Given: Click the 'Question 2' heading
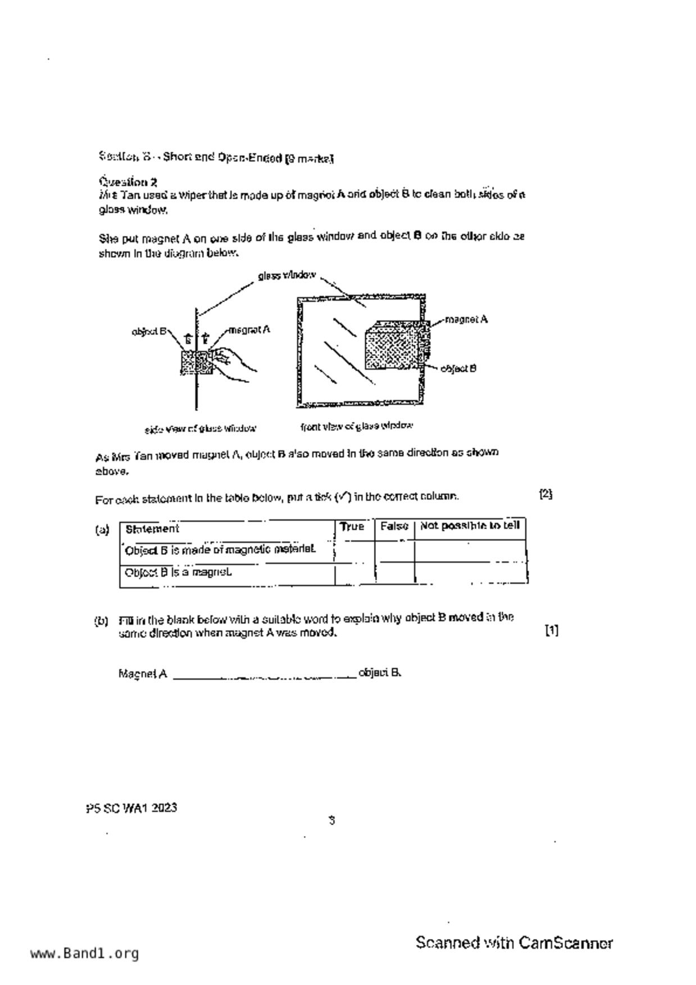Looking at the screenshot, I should click(128, 182).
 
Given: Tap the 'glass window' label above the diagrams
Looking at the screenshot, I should click(286, 276).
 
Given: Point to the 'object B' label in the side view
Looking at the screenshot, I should click(149, 331).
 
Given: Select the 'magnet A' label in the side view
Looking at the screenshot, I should click(249, 330).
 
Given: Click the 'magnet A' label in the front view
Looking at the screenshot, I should click(466, 320).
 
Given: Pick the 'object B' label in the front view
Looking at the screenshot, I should click(458, 368).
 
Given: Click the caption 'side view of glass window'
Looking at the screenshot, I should click(201, 429).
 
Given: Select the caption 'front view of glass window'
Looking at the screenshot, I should click(357, 426).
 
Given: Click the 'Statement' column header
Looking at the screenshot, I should click(152, 529).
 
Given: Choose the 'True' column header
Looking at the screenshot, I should click(352, 527).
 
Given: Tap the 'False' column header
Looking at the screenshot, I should click(394, 527).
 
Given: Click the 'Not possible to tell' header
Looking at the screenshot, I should click(470, 526).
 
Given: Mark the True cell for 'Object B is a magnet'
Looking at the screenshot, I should click(354, 573).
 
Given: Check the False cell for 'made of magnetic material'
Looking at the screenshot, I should click(394, 551).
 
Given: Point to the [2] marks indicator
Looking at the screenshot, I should click(545, 494).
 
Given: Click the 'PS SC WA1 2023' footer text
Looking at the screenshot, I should click(131, 808).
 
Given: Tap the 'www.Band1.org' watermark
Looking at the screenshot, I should click(84, 954).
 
